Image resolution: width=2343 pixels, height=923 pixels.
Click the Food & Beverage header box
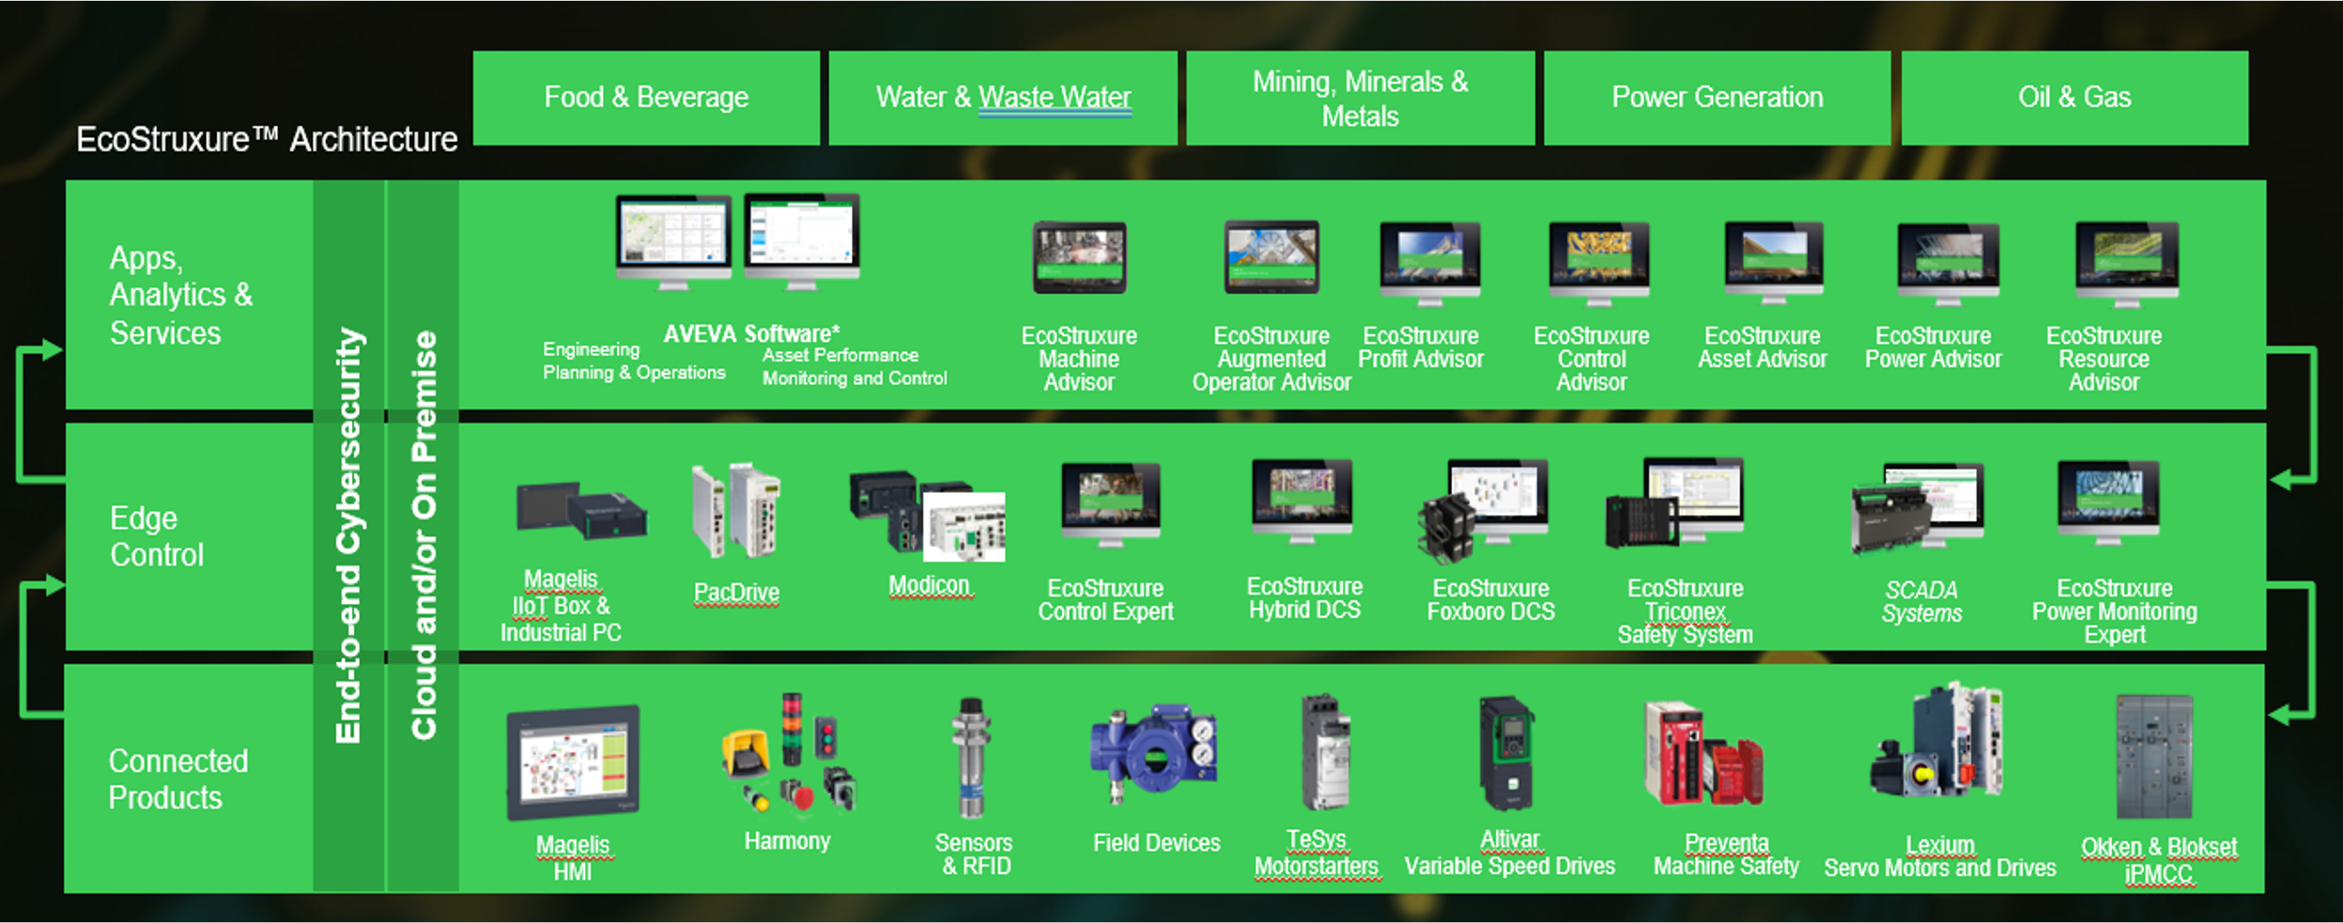pos(646,98)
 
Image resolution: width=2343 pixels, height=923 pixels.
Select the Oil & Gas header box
pos(2073,98)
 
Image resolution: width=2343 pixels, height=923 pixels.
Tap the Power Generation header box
pos(1717,98)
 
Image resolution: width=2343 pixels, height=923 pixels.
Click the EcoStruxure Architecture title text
pos(267,140)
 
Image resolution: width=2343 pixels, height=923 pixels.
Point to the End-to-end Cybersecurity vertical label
pos(348,535)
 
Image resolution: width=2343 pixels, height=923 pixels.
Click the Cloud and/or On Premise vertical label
pos(424,535)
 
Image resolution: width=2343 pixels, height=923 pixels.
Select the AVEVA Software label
pos(751,333)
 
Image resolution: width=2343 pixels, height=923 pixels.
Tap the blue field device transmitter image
pos(1153,754)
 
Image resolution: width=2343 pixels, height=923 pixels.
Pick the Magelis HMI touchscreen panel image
pos(573,762)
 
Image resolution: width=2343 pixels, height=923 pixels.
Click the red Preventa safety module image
pos(1703,756)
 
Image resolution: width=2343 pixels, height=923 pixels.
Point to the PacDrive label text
pos(736,592)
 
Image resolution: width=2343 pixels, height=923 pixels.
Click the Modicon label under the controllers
pos(929,585)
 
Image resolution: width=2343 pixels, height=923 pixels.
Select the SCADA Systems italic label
pos(1921,602)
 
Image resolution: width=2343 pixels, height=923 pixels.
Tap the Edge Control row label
pos(156,536)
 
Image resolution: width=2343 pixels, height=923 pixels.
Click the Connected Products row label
pos(177,778)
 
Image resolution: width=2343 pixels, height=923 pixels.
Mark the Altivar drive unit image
pos(1506,752)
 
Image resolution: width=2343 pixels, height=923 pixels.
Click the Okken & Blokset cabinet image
pos(2153,757)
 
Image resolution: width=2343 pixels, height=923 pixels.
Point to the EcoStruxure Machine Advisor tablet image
pos(1079,257)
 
